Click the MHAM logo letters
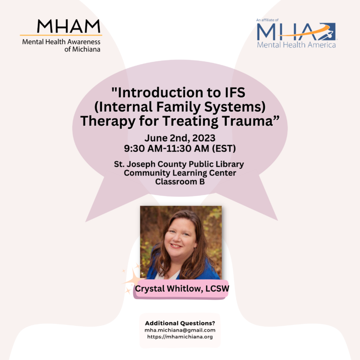[68, 26]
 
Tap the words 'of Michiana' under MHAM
[82, 49]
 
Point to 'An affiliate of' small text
[267, 20]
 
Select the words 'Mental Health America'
[296, 45]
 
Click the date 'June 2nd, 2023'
[180, 138]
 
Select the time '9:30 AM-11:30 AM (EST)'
[180, 148]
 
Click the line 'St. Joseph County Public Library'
[179, 165]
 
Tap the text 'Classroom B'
[180, 181]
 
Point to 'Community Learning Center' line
[180, 173]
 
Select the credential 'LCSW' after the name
[217, 289]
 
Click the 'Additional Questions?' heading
[180, 323]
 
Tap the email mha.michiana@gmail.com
[180, 330]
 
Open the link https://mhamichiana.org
[180, 337]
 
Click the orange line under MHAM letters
[61, 35]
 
